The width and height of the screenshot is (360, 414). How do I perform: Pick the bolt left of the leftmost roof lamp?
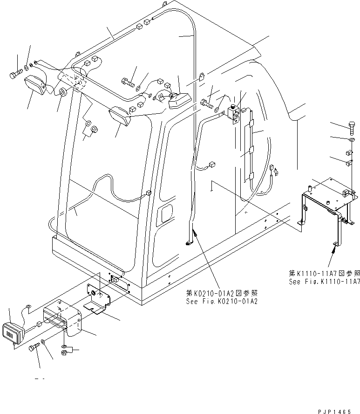pos(14,74)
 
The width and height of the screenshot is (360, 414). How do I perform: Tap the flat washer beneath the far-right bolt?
pos(350,138)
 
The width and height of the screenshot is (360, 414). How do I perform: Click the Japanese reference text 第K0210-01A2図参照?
pos(222,293)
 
